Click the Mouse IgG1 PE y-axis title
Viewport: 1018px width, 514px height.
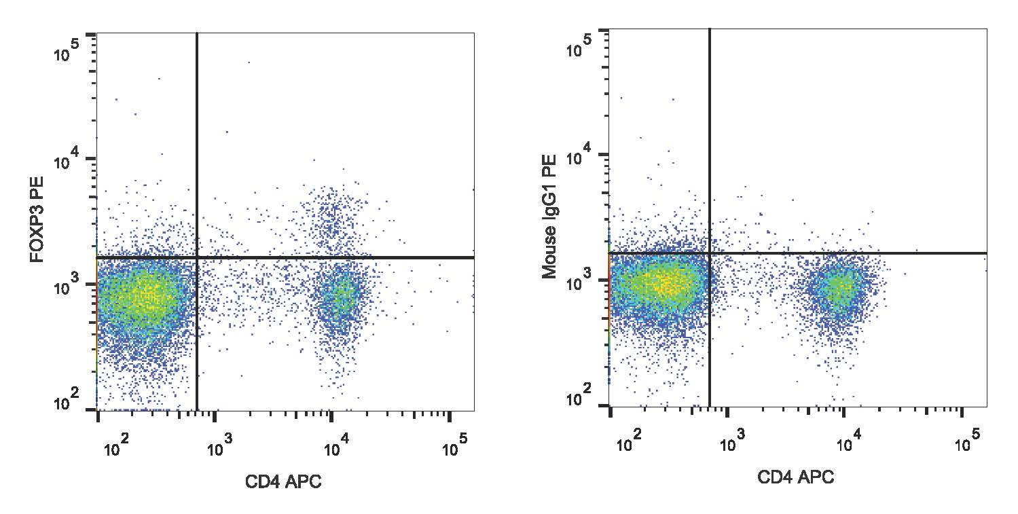point(550,217)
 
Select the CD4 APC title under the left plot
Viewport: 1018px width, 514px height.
point(283,483)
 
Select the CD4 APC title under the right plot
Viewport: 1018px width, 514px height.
point(795,477)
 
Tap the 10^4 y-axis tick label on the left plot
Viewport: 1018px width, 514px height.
point(67,164)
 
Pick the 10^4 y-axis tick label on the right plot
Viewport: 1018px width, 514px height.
point(579,160)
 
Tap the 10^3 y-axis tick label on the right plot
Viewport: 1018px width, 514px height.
point(579,284)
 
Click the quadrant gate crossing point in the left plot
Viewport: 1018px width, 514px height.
point(197,258)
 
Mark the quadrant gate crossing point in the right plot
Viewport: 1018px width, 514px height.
point(710,253)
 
